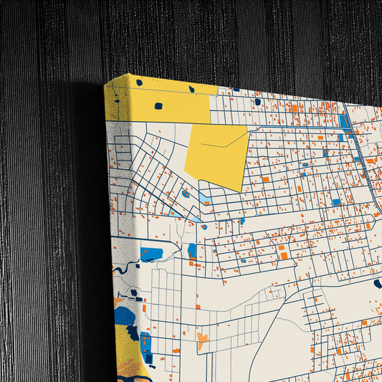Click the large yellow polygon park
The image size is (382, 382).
(x=215, y=154)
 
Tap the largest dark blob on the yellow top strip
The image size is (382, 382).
(x=158, y=106)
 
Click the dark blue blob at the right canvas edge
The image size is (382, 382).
(x=378, y=284)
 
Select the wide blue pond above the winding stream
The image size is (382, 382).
(x=151, y=253)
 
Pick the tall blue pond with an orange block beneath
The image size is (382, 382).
(x=192, y=251)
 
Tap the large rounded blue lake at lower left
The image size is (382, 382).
(x=125, y=315)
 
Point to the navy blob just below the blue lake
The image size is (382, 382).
(x=133, y=332)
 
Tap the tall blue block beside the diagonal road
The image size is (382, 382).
(x=345, y=121)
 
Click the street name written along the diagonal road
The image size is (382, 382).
(x=359, y=154)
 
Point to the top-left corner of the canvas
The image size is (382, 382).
(x=105, y=84)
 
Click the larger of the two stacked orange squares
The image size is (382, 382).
(x=283, y=255)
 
